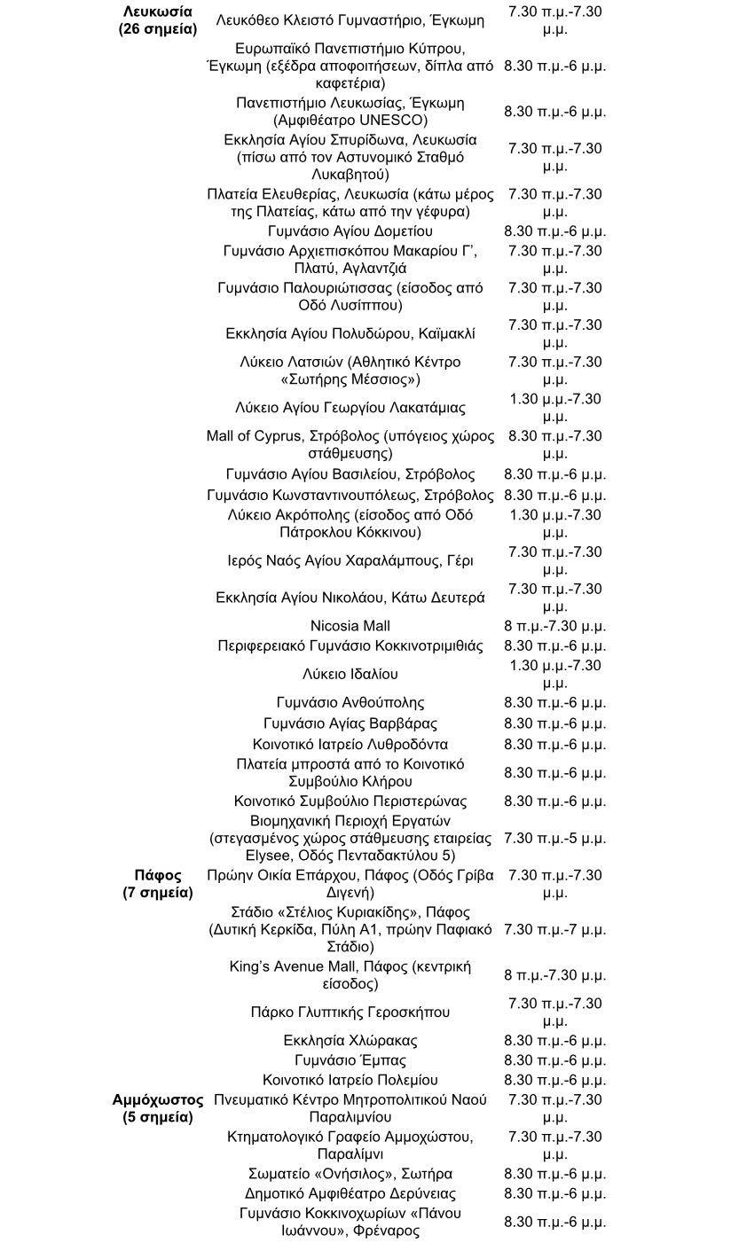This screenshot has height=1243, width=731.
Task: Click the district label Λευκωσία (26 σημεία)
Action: point(158,20)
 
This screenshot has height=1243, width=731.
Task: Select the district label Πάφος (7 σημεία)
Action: point(158,884)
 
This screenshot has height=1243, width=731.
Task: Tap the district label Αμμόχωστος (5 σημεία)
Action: point(158,1108)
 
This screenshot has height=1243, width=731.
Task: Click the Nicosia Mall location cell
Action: point(350,626)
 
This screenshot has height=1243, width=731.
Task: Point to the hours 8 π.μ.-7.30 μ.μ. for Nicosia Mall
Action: point(554,626)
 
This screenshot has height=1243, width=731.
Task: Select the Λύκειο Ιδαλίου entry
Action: point(350,674)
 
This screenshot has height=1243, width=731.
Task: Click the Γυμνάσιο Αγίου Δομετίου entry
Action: point(350,231)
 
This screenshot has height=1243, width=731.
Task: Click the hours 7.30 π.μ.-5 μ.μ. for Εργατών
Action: point(554,838)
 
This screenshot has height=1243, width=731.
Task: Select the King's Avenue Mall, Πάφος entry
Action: point(350,975)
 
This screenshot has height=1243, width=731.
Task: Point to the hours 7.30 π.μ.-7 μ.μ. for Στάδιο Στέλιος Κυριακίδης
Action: point(554,930)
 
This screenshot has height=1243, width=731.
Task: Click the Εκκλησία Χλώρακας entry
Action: point(350,1040)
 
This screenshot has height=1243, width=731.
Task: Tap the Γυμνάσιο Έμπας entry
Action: point(350,1060)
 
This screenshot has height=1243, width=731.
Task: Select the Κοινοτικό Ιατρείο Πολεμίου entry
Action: point(350,1080)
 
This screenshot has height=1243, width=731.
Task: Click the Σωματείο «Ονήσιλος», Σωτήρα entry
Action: point(350,1174)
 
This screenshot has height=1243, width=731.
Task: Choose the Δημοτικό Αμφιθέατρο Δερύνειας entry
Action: point(350,1193)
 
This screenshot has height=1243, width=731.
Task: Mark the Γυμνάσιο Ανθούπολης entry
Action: point(350,702)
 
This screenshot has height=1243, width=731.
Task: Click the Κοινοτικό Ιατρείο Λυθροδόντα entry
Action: point(350,744)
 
